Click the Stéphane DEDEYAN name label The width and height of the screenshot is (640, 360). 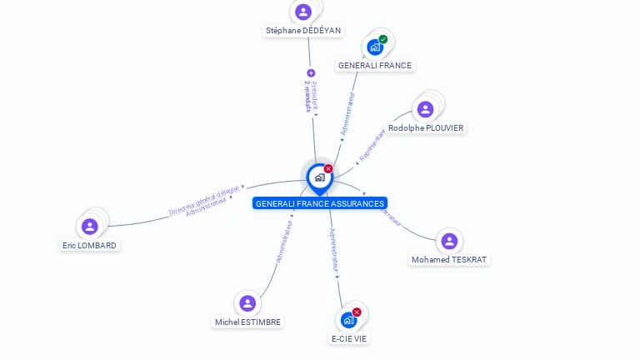coord(303,31)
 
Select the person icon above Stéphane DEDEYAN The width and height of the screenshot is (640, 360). coord(303,12)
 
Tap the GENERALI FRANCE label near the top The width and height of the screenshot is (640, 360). coord(374,65)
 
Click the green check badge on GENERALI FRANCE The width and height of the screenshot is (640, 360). coord(383,39)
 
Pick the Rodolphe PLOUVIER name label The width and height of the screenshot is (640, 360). coord(426,127)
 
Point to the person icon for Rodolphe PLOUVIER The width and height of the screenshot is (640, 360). coord(426,109)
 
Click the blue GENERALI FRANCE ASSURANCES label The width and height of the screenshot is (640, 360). coord(320,203)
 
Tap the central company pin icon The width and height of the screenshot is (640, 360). coord(319,177)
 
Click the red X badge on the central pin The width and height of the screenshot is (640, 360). coord(328,169)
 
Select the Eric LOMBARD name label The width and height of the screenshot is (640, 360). coord(89,245)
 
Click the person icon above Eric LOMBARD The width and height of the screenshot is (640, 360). coord(90,226)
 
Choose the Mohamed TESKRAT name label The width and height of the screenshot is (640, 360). coord(450,260)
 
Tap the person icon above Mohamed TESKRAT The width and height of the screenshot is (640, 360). coord(450,241)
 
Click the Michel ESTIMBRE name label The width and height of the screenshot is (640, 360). coord(247,322)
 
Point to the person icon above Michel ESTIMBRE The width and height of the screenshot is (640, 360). coord(247,303)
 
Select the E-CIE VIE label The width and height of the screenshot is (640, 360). coord(349,338)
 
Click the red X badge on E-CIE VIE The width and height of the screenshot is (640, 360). coord(357,312)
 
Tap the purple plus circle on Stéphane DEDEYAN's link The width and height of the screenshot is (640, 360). coord(311,73)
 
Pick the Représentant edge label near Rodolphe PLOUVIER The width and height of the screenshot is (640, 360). coord(372,145)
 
